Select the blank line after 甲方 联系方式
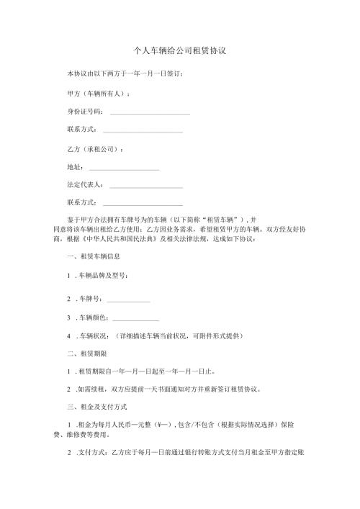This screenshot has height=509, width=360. pos(143,130)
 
